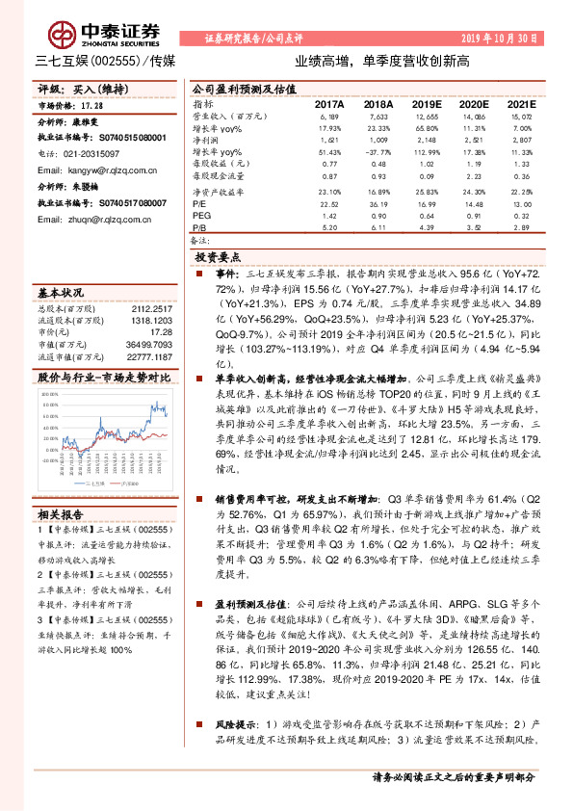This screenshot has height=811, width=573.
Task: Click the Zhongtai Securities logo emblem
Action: tap(64, 36)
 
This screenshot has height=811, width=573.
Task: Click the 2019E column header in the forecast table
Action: tap(426, 104)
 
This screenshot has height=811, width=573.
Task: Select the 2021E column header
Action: tap(520, 104)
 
